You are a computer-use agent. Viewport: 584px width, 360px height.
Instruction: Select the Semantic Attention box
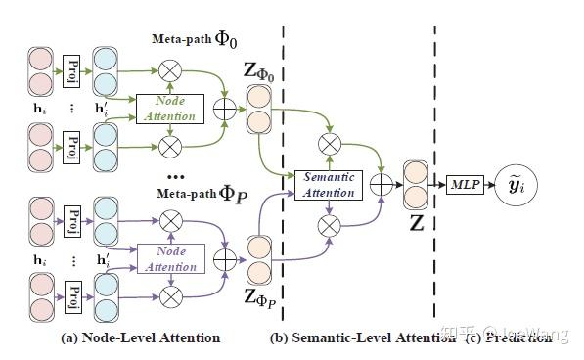click(329, 184)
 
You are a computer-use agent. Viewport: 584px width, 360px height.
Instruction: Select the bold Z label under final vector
click(416, 222)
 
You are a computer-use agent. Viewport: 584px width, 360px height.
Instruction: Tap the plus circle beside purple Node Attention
click(226, 260)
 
